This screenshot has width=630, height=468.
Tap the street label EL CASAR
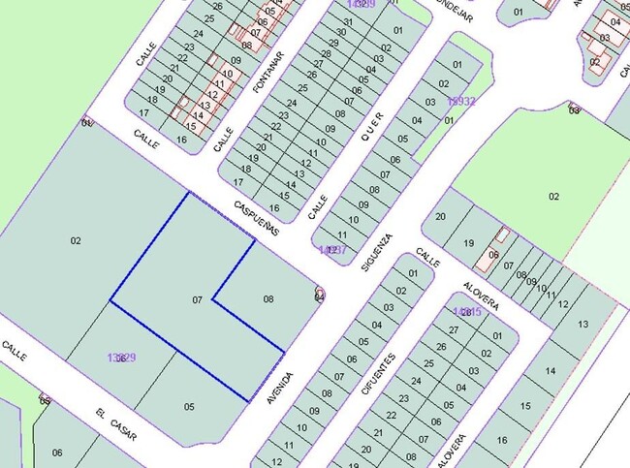click(x=115, y=425)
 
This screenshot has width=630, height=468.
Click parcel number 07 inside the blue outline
click(x=197, y=300)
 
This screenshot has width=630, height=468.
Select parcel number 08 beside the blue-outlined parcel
click(x=268, y=299)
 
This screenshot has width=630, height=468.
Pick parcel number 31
click(x=346, y=20)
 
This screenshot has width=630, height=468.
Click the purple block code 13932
click(x=461, y=101)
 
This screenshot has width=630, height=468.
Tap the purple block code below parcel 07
click(x=121, y=358)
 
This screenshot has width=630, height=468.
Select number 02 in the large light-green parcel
click(x=553, y=197)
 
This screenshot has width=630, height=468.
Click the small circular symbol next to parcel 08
click(x=320, y=294)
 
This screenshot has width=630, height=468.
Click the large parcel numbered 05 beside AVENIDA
click(x=189, y=407)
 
